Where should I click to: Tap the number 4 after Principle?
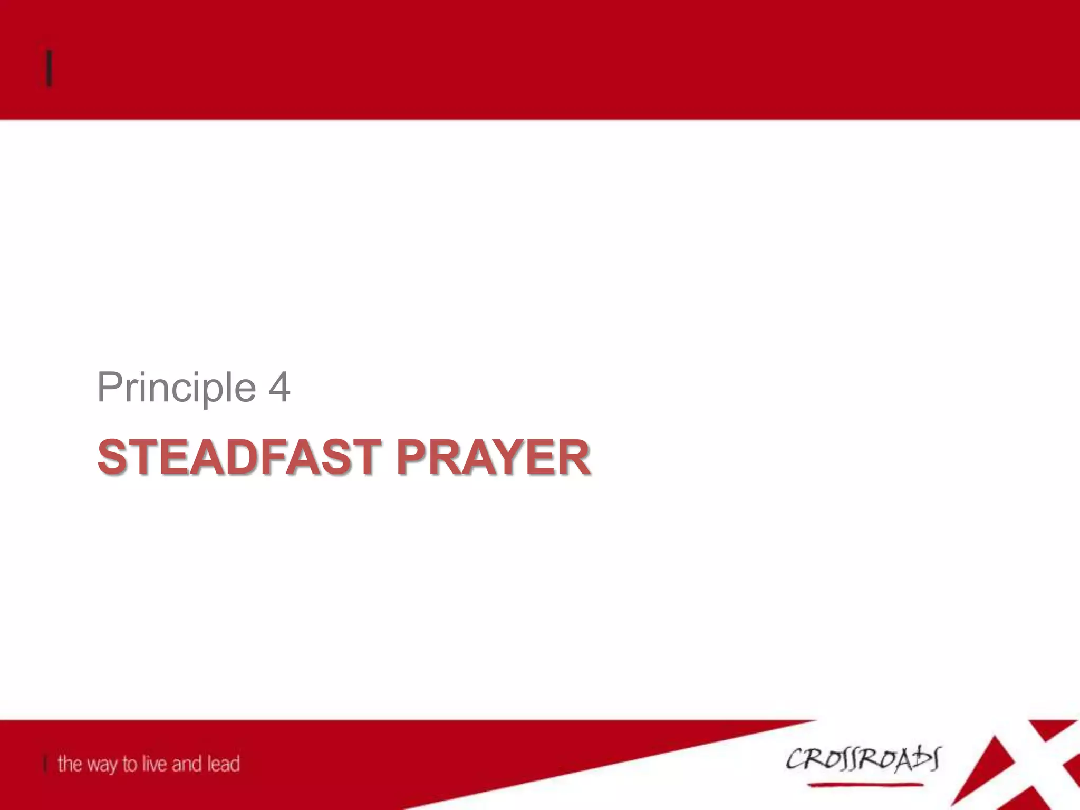pos(279,388)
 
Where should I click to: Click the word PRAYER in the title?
pos(493,457)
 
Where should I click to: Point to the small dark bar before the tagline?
pos(45,764)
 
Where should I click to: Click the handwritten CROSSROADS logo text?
pos(862,760)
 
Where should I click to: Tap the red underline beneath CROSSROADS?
pos(865,785)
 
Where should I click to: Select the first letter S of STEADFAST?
pos(112,457)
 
